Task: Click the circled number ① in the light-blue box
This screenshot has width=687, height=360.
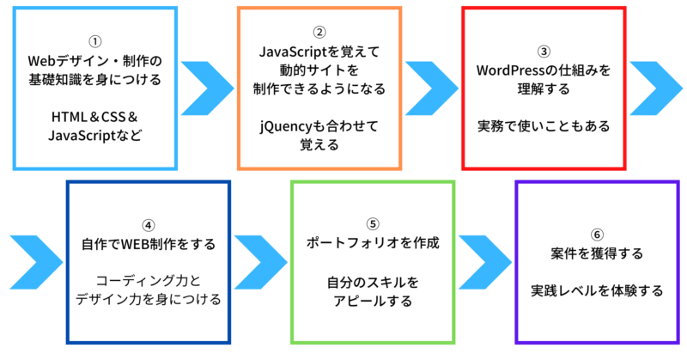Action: pyautogui.click(x=95, y=41)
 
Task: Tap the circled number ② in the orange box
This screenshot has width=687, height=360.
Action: pyautogui.click(x=319, y=32)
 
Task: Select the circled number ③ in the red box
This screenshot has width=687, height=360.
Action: pyautogui.click(x=544, y=52)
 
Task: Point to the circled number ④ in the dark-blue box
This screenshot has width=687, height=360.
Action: pyautogui.click(x=148, y=225)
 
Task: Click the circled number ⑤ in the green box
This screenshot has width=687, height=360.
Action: pyautogui.click(x=373, y=224)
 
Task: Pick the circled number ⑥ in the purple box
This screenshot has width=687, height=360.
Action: pyautogui.click(x=597, y=235)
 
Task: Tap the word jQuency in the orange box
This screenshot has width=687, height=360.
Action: pyautogui.click(x=286, y=126)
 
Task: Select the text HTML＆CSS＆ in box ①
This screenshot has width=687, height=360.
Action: pyautogui.click(x=95, y=117)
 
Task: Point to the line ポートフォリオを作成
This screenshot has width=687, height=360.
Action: pyautogui.click(x=373, y=243)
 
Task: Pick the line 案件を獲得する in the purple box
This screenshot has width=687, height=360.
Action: pyautogui.click(x=597, y=253)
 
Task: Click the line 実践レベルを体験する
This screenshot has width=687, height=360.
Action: pyautogui.click(x=597, y=290)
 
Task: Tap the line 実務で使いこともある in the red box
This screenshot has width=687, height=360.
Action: pyautogui.click(x=544, y=126)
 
